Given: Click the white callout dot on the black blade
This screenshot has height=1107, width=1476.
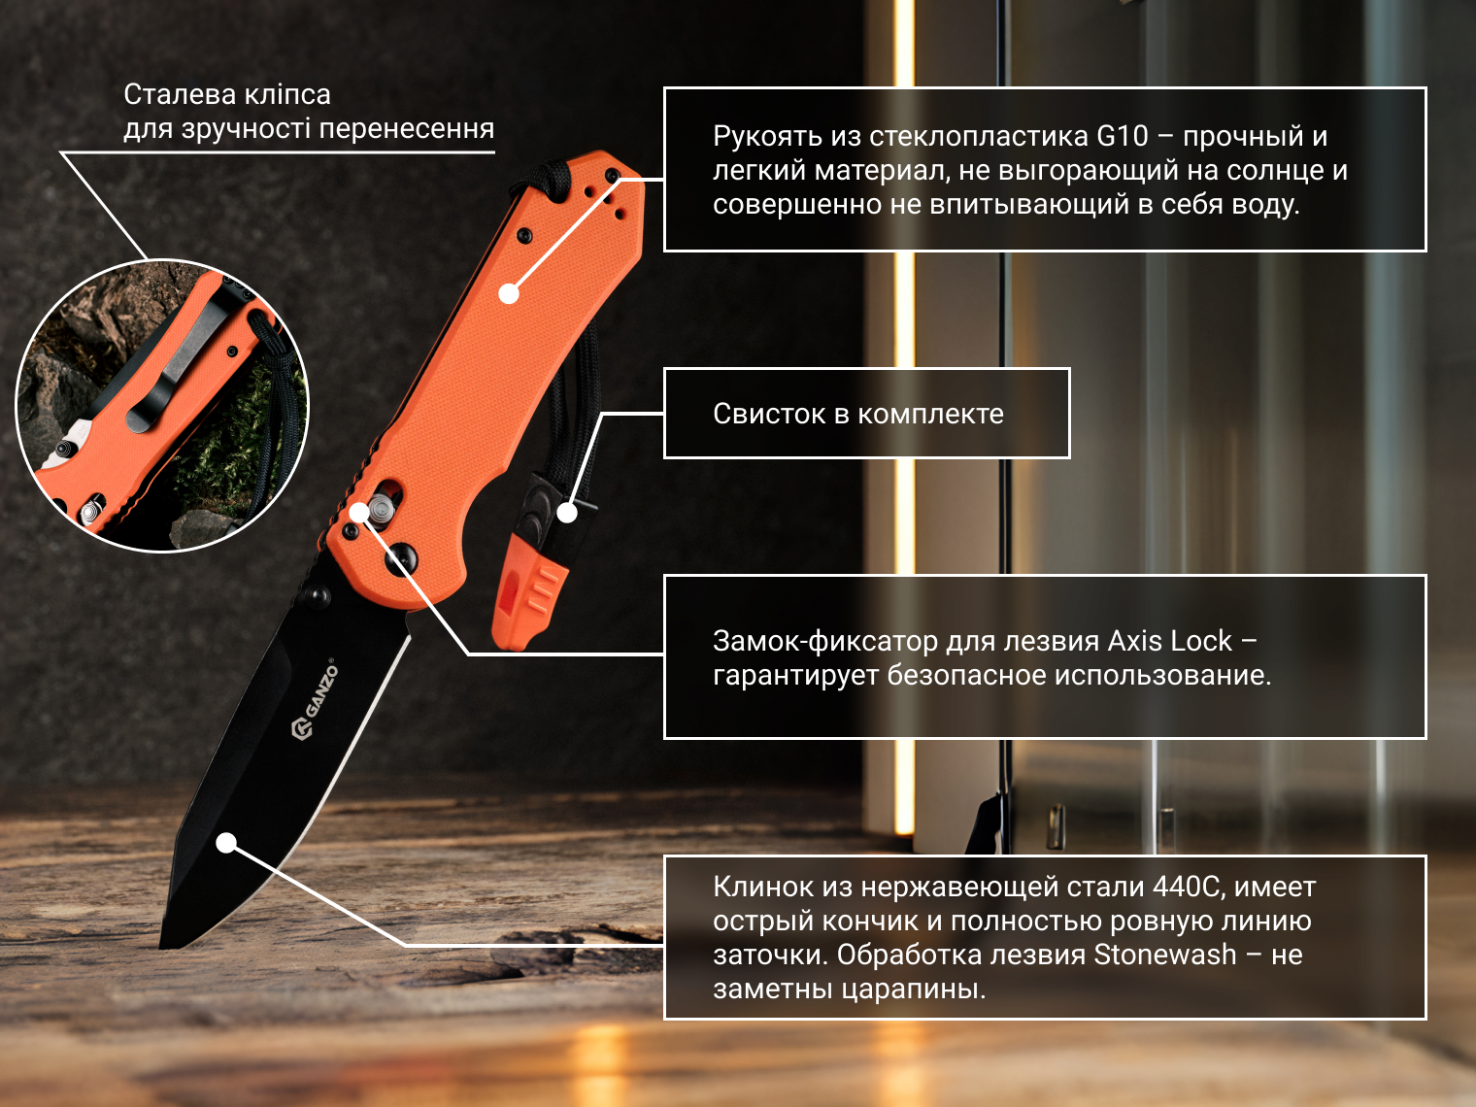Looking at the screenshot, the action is coord(226,843).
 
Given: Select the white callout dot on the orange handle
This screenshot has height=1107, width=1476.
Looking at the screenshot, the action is coord(509,293).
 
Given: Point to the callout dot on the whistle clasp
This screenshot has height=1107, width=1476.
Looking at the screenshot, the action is coord(567,514).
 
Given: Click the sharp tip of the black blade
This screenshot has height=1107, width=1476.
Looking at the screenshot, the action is coord(161,947).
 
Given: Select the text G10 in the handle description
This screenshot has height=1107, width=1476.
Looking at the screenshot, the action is coord(1123,137).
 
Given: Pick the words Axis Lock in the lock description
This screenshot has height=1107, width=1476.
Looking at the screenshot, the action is coord(1169,641).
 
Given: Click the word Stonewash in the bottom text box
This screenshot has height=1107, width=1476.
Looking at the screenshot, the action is coord(1164,955).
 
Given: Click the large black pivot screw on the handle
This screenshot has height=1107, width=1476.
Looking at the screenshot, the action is coord(400,557).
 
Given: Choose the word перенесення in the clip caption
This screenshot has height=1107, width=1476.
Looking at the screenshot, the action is coord(407,129).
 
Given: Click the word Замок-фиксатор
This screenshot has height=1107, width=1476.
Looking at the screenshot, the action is coord(825,642).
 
